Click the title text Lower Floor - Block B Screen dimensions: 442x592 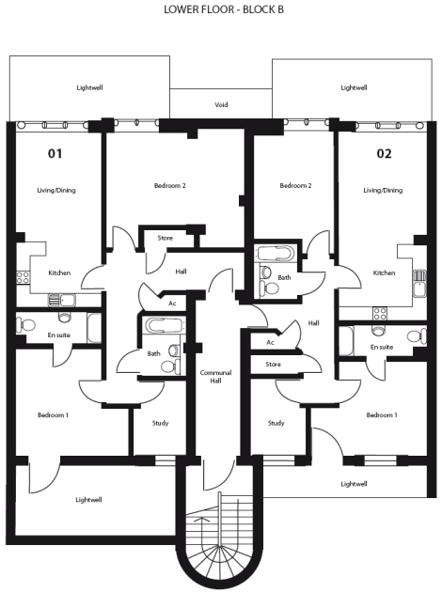pyautogui.click(x=224, y=9)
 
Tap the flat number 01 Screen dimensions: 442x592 pyautogui.click(x=55, y=153)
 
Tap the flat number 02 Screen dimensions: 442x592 pyautogui.click(x=384, y=153)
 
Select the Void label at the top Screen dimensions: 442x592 pyautogui.click(x=221, y=104)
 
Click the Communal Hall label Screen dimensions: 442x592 pyautogui.click(x=215, y=377)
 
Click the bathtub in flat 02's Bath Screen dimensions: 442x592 pyautogui.click(x=275, y=254)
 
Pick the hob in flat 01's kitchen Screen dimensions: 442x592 pyautogui.click(x=23, y=277)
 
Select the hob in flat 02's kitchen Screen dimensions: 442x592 pyautogui.click(x=380, y=313)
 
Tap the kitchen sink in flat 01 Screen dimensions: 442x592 pyautogui.click(x=61, y=301)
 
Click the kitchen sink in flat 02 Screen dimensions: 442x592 pyautogui.click(x=419, y=283)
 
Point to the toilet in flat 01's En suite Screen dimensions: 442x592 pyautogui.click(x=25, y=324)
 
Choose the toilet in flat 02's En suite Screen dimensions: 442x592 pyautogui.click(x=417, y=335)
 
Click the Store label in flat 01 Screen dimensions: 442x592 pyautogui.click(x=166, y=238)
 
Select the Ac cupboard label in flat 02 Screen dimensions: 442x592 pyautogui.click(x=270, y=342)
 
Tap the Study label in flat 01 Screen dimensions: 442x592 pyautogui.click(x=160, y=423)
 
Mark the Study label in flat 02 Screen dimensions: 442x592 pyautogui.click(x=276, y=423)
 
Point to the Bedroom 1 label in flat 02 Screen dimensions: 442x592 pyautogui.click(x=382, y=415)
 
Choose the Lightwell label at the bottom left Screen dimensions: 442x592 pyautogui.click(x=88, y=500)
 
